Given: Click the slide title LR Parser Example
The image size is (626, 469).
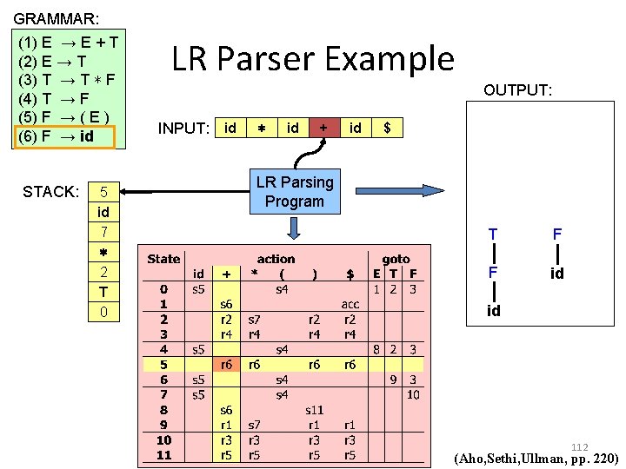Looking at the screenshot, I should [x=313, y=59].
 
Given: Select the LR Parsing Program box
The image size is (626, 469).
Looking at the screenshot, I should [x=294, y=192].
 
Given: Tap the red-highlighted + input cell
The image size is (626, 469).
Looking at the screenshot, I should [x=323, y=128].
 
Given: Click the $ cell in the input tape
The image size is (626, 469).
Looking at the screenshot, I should [x=387, y=128].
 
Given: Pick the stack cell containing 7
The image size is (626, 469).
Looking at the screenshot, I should [x=103, y=232].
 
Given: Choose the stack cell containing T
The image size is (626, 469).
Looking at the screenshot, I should [x=103, y=292].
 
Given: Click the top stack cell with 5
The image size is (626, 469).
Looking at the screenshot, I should [x=103, y=192].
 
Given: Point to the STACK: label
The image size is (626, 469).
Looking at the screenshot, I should [x=50, y=191].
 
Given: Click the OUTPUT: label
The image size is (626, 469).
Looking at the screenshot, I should [x=517, y=90].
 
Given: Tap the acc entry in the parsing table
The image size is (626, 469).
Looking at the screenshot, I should [x=350, y=304].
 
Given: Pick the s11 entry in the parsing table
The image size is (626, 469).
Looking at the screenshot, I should [x=314, y=408].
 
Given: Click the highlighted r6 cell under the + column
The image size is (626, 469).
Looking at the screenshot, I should [x=225, y=365].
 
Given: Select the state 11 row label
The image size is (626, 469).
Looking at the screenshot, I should [x=163, y=454].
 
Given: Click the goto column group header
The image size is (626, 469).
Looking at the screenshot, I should [x=396, y=259].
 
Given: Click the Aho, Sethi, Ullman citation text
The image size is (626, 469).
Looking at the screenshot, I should [x=536, y=458].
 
